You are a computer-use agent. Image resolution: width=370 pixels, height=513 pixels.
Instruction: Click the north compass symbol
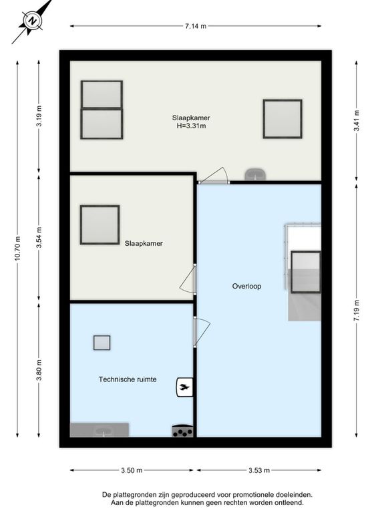coord(31,21)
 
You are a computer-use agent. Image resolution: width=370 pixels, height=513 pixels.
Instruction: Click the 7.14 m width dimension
coord(195,26)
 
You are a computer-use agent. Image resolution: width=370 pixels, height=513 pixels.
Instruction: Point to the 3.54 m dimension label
coord(39,238)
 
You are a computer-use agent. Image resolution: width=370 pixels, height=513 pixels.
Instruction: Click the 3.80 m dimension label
coord(39,369)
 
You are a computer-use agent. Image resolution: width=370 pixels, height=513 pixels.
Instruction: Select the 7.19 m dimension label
coord(357,311)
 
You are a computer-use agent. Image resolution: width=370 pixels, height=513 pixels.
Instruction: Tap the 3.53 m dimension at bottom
coord(260,470)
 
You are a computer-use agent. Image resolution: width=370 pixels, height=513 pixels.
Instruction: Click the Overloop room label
coord(246,286)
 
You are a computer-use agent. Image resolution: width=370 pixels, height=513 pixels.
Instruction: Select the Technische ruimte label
coord(128,379)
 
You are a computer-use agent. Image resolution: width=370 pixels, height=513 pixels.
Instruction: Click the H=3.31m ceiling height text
coord(191,125)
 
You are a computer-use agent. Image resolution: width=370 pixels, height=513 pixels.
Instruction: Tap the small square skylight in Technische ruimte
coord(102,343)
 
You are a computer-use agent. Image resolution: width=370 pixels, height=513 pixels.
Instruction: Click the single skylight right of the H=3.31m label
coord(282,119)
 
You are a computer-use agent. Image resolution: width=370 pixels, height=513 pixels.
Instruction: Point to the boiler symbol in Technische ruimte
coord(184,387)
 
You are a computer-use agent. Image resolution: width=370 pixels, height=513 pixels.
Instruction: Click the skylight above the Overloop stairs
coord(306,272)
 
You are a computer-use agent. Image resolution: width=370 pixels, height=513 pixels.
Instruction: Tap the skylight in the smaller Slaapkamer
coord(100,225)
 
